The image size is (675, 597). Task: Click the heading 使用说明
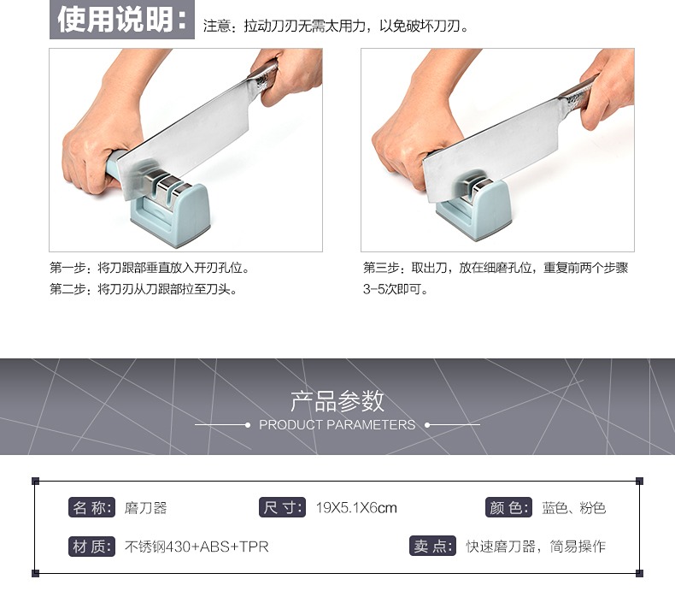122,20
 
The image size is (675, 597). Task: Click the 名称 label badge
91,507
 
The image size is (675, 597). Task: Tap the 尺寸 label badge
282,507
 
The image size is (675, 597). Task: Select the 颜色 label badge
508,507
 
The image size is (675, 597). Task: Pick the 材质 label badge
91,547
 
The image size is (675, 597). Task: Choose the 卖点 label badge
432,547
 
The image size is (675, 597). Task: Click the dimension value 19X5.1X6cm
356,508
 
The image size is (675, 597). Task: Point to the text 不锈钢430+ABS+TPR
197,547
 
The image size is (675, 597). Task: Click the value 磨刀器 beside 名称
145,508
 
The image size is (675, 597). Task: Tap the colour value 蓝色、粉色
574,508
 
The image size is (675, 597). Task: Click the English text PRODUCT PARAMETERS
337,425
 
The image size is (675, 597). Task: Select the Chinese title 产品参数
337,401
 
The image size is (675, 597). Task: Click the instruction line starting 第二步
144,289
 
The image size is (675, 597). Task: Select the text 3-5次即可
396,289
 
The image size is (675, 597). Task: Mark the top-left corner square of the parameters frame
36,481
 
